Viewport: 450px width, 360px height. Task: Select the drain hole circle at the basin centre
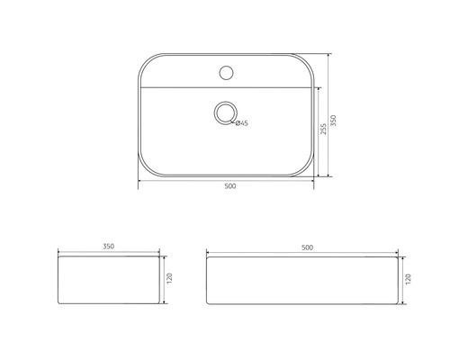pos(224,112)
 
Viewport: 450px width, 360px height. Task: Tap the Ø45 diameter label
pos(242,123)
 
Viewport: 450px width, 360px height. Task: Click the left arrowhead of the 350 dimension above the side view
pos(59,249)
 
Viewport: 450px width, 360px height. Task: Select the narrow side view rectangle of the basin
pos(108,282)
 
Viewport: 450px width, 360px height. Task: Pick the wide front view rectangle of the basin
pos(301,282)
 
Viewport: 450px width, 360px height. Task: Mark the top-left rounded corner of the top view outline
pos(146,58)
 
